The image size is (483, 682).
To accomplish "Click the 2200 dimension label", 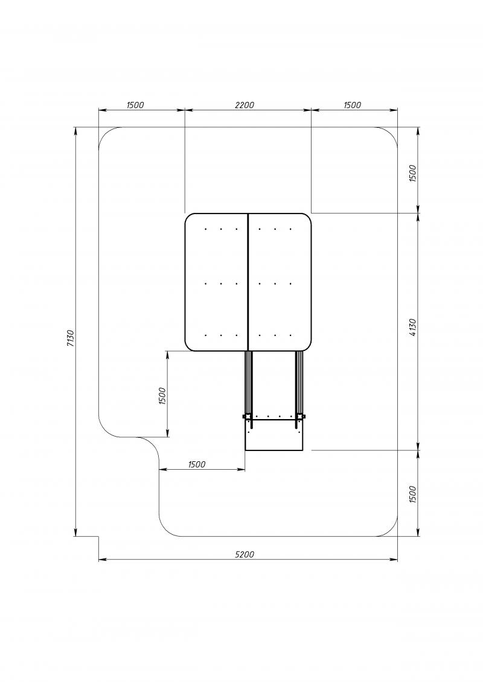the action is coord(245,105).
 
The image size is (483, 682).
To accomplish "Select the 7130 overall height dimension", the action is coord(71,338).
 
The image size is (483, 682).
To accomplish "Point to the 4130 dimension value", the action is coord(414,327).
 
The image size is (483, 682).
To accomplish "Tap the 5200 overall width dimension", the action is coord(245,554).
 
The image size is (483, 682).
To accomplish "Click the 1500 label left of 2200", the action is coord(135,105).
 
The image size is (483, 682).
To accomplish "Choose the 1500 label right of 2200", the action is coord(353,105).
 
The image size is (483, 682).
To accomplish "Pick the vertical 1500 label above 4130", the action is coord(414,173).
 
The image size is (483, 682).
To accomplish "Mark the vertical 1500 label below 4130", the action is coord(414,494).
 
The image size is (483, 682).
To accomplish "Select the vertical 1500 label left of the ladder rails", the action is coord(162,396).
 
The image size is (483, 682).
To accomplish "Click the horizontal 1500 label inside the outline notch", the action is coord(197,464).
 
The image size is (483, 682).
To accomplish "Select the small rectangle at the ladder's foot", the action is coord(274,435).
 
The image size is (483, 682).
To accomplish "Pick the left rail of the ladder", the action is coord(249,384).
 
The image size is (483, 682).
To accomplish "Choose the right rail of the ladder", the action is coord(299,384).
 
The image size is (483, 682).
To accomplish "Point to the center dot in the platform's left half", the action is coord(221,283).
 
